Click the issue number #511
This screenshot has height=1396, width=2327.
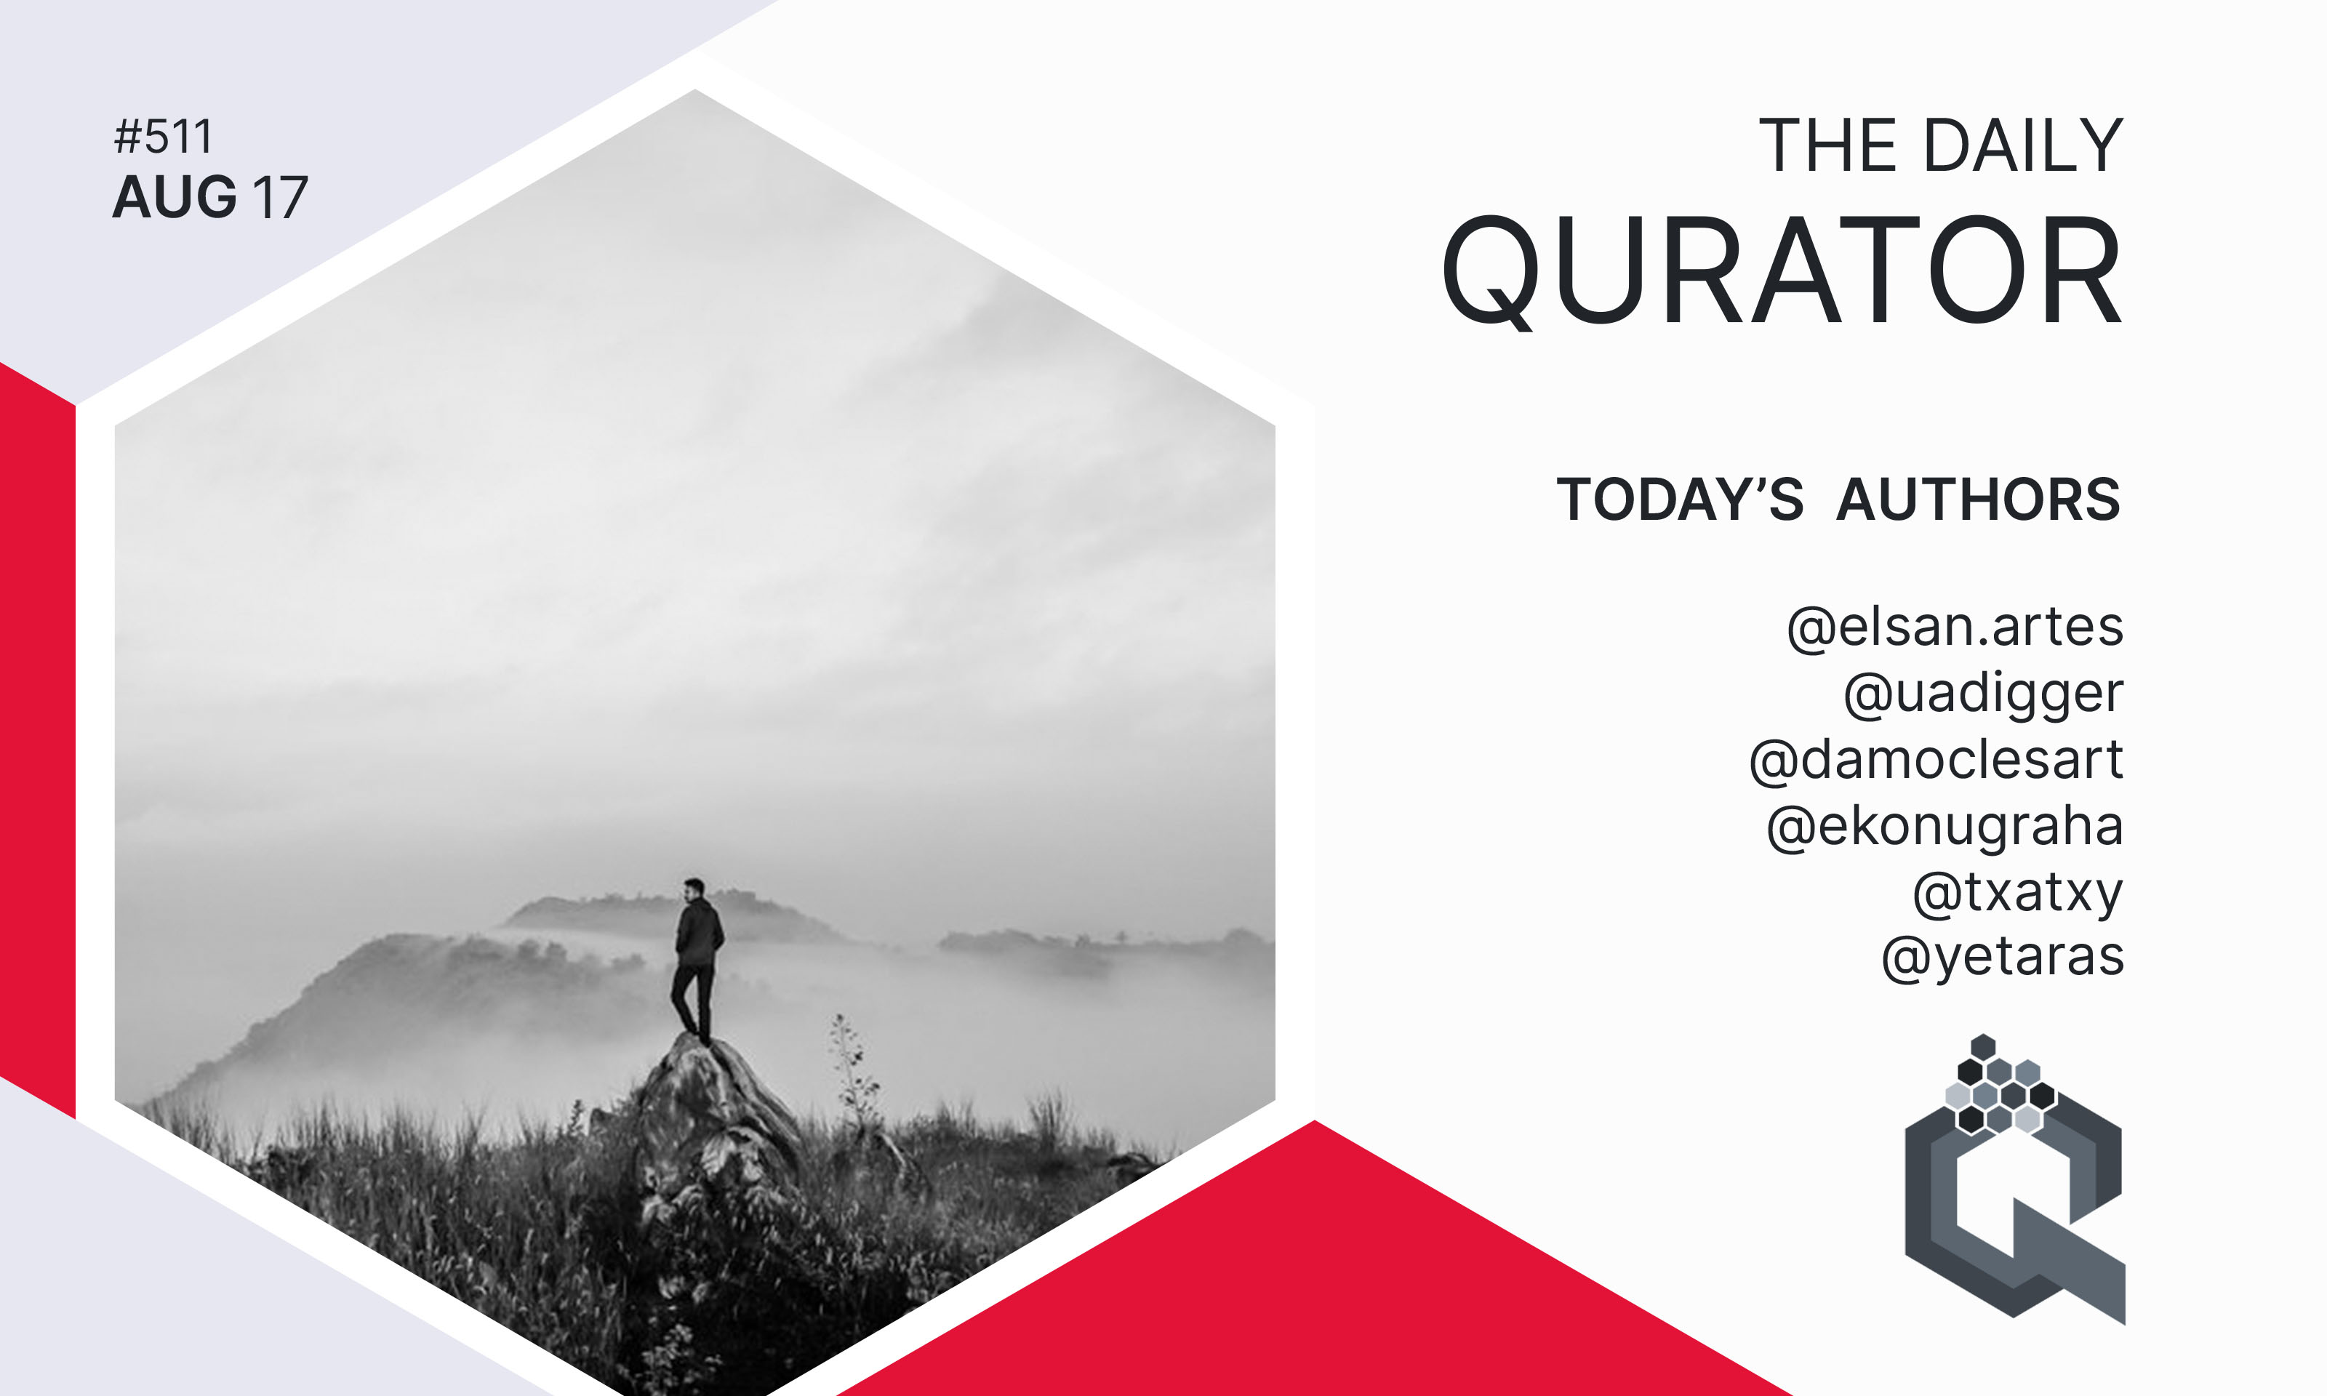click(x=163, y=137)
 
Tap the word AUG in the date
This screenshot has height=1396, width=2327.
click(x=174, y=198)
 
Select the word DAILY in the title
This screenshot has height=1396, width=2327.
click(x=2023, y=146)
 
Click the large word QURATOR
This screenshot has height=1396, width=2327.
click(x=1782, y=271)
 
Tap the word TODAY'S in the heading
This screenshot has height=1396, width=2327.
click(x=1680, y=499)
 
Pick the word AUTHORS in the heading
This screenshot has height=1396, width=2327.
click(x=1979, y=499)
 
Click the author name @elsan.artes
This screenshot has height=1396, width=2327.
click(x=1955, y=627)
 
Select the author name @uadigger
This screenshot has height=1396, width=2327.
click(x=1983, y=695)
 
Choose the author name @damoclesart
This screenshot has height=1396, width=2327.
click(x=1936, y=759)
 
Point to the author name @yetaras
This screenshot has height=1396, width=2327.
click(x=2003, y=958)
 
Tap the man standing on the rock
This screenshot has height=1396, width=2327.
click(x=696, y=961)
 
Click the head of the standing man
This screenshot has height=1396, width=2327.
click(x=692, y=889)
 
